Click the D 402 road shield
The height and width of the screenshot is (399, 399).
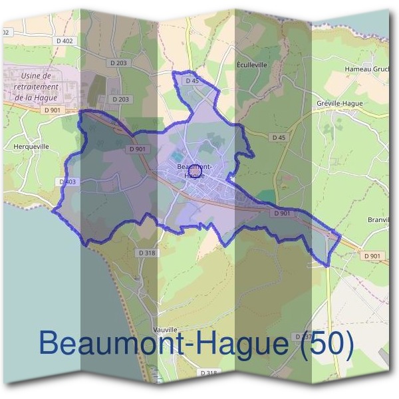pos(65,41)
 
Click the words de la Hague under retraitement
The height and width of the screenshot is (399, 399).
pos(36,97)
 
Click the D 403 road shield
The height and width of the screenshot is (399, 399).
pos(68,182)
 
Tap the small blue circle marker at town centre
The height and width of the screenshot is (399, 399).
pos(195,173)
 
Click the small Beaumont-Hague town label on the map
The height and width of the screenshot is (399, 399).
pos(195,170)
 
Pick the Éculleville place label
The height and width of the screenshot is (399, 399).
pos(252,66)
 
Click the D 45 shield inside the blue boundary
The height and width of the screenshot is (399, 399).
pos(192,80)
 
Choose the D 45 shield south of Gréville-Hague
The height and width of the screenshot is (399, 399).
pos(279,138)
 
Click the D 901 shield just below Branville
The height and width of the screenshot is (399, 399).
pos(372,256)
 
